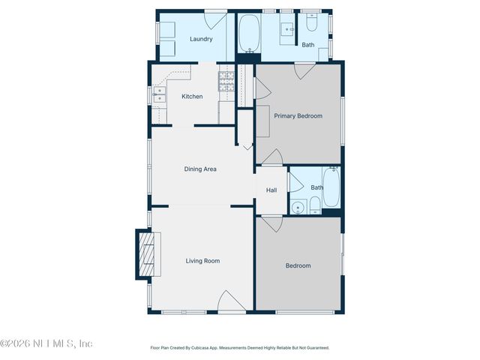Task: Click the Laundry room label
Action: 200,39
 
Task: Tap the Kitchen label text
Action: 192,96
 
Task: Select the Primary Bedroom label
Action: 298,115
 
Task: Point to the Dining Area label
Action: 200,169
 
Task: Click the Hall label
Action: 271,190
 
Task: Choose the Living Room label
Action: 202,260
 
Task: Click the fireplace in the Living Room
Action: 148,254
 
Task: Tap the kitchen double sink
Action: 160,94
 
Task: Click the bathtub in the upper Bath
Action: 250,34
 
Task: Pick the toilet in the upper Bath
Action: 312,25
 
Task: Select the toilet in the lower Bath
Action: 316,204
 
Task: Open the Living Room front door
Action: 231,302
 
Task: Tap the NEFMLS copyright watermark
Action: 46,343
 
